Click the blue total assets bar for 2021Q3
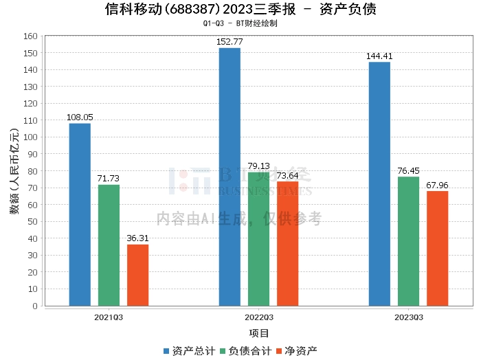[x=80, y=214]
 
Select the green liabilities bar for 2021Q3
[x=109, y=245]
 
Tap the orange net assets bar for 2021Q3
[x=137, y=275]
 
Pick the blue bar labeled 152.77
[x=230, y=177]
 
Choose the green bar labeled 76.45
[x=408, y=241]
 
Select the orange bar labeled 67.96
[x=437, y=248]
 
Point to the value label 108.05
[x=80, y=117]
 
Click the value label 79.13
[x=259, y=166]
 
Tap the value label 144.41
[x=379, y=56]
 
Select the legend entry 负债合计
[x=245, y=351]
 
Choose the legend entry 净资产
[x=297, y=351]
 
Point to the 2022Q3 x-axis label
[x=259, y=317]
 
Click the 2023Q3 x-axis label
[x=408, y=317]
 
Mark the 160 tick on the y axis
[x=30, y=36]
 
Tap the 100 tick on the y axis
[x=30, y=137]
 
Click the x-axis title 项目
[x=259, y=334]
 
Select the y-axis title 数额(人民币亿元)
[x=14, y=171]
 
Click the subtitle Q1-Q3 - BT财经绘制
[x=240, y=23]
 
